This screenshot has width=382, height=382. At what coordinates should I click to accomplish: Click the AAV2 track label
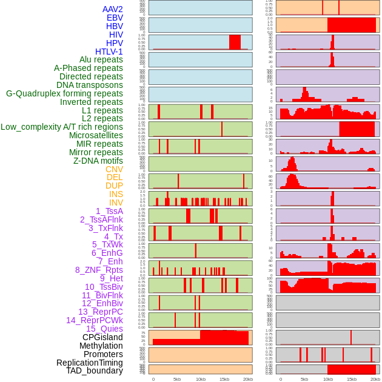113,9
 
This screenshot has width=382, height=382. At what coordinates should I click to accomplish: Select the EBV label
115,18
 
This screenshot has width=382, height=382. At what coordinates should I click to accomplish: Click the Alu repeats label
101,59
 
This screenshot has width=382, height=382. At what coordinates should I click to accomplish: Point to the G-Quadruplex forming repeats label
64,93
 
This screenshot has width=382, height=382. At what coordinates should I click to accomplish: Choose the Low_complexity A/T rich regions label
62,127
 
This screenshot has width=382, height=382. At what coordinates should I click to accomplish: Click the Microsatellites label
96,135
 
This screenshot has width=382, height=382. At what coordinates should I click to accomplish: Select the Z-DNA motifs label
98,161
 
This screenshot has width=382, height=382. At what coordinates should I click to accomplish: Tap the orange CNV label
114,169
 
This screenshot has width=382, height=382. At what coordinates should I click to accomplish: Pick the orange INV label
116,203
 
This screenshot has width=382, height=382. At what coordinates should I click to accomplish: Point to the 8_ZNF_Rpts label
99,270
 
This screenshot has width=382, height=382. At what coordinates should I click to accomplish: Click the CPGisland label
102,337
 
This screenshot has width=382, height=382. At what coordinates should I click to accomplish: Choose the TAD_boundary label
95,370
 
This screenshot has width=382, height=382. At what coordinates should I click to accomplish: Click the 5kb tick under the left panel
177,379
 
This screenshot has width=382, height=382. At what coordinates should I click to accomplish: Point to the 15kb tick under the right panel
352,379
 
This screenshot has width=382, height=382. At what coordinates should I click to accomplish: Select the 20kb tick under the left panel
247,379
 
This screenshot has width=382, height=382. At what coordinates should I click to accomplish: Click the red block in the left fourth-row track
235,42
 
